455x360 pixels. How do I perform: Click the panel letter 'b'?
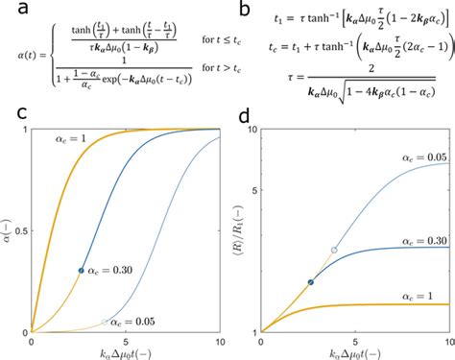point(246,12)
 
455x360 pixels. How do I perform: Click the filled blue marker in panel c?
point(81,270)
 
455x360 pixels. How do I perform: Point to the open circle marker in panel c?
point(105,321)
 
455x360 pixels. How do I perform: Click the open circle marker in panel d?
point(334,250)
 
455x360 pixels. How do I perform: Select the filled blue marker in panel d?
point(310,282)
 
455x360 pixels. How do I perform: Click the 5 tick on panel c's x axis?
point(126,342)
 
